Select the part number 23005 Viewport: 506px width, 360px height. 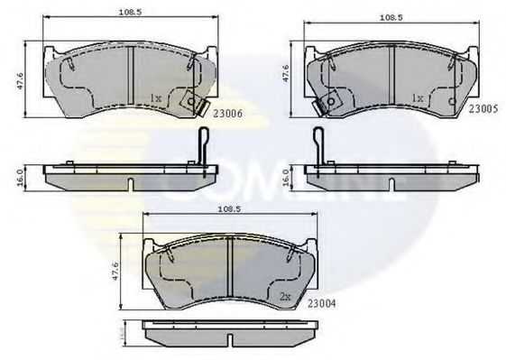[x=483, y=109]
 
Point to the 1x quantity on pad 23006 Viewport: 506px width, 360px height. [x=155, y=97]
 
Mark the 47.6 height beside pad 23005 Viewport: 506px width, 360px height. [x=287, y=74]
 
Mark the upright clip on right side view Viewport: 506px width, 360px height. [x=318, y=147]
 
